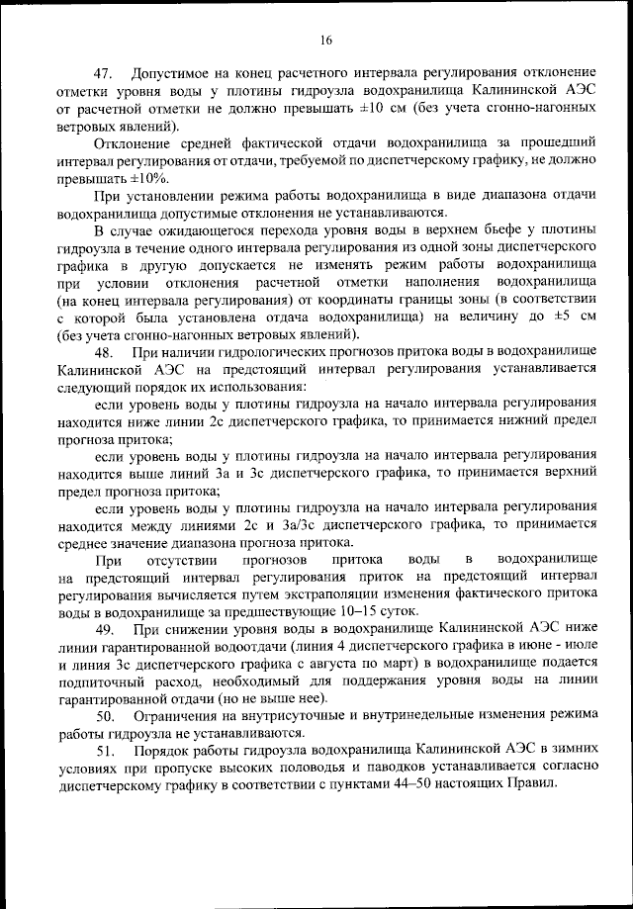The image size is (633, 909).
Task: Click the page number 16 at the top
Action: click(x=325, y=40)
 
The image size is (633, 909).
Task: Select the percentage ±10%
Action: click(x=144, y=178)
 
